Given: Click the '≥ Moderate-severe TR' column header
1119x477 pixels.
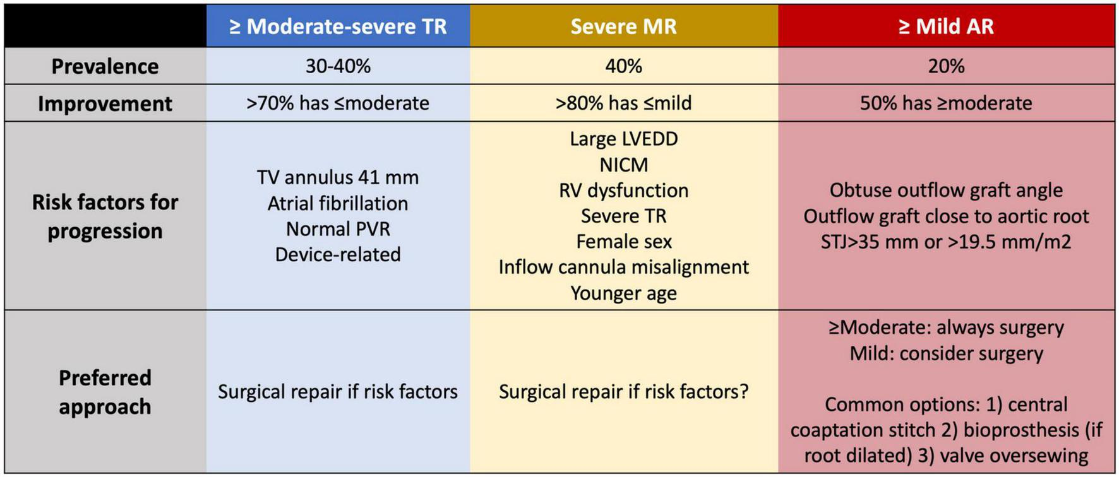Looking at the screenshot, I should tap(338, 26).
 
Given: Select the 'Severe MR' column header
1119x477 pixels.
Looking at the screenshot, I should tap(623, 26).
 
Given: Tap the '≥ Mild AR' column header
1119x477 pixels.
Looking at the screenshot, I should tap(946, 26).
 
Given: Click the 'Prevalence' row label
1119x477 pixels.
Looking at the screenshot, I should tap(105, 66).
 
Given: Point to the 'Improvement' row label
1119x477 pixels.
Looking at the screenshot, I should tap(105, 103).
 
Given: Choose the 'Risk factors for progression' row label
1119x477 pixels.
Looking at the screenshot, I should tap(105, 216).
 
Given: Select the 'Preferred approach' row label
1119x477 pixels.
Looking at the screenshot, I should tap(105, 392).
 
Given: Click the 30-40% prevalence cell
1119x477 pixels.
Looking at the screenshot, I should tap(338, 66).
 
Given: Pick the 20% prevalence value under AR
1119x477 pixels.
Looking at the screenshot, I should tap(946, 66).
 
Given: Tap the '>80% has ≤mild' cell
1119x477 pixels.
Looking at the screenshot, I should tap(623, 103).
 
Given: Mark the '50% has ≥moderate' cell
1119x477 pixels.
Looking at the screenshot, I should tap(946, 103).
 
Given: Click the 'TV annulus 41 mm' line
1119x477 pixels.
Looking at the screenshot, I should tap(338, 177).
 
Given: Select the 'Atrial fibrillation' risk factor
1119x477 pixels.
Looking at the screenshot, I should tap(338, 203).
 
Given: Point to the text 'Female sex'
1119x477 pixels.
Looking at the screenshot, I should tap(623, 242).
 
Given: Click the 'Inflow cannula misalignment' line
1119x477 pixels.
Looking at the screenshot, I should tap(623, 267).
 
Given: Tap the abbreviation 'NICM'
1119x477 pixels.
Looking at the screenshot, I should tap(623, 165).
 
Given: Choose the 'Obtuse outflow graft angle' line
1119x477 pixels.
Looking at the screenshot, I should tap(946, 190).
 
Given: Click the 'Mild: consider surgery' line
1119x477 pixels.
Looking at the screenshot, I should tap(946, 353).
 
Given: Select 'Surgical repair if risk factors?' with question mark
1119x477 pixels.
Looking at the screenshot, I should tap(623, 392).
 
